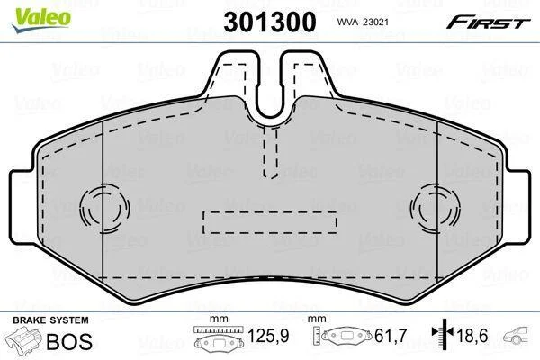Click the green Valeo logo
coord(41,20)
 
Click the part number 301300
coord(270,22)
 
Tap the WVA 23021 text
coord(363,22)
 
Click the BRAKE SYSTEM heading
coord(50,320)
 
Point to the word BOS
coord(69,341)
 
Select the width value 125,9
coord(268,336)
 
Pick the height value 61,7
coord(391,336)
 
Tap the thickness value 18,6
coord(472,336)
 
